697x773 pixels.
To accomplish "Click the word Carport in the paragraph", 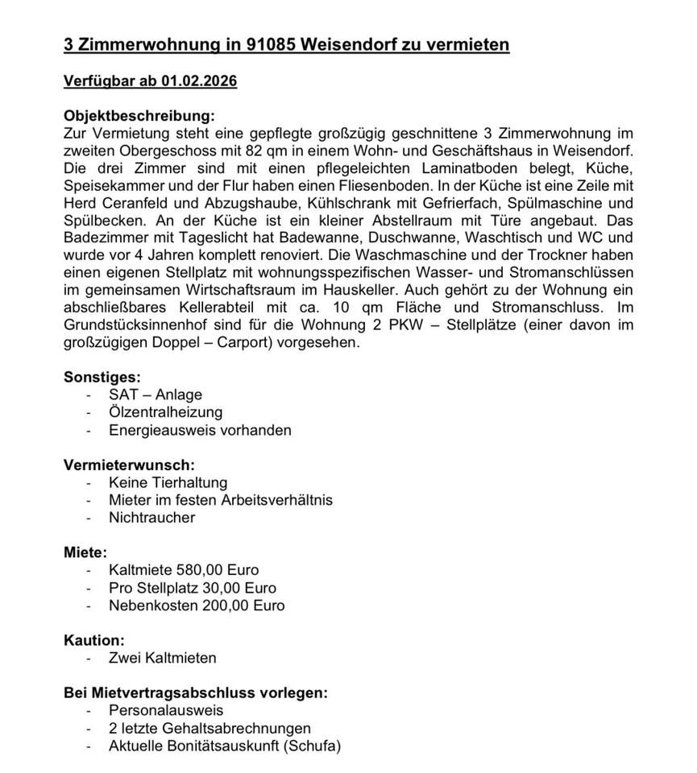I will pyautogui.click(x=263, y=342).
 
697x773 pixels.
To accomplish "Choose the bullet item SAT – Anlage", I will pyautogui.click(x=156, y=395).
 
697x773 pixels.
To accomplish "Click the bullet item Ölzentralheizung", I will pyautogui.click(x=166, y=412).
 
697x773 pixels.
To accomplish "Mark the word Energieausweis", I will pyautogui.click(x=160, y=430).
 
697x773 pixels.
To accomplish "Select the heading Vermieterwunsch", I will pyautogui.click(x=129, y=465).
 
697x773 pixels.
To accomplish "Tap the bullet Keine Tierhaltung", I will pyautogui.click(x=168, y=482).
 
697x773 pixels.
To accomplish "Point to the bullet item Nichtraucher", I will pyautogui.click(x=151, y=517).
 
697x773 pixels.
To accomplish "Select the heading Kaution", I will pyautogui.click(x=94, y=640).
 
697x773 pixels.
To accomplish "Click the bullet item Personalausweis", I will pyautogui.click(x=166, y=710).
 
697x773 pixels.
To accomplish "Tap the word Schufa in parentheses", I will pyautogui.click(x=311, y=746).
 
